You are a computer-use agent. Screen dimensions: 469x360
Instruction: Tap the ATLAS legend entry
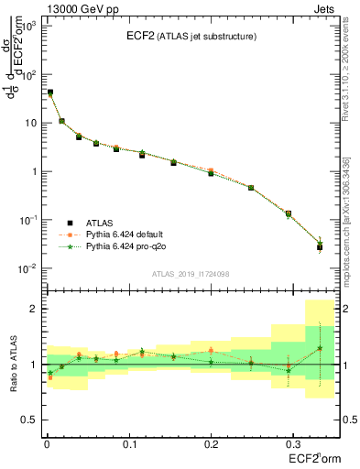(100, 222)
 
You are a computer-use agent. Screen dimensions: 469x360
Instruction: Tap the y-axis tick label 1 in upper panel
(34, 171)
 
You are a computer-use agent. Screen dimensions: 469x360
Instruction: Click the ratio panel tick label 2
(34, 309)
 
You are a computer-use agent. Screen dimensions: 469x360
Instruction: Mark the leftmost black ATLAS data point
(49, 93)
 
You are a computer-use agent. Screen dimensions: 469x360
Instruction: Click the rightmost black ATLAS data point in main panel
(320, 247)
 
